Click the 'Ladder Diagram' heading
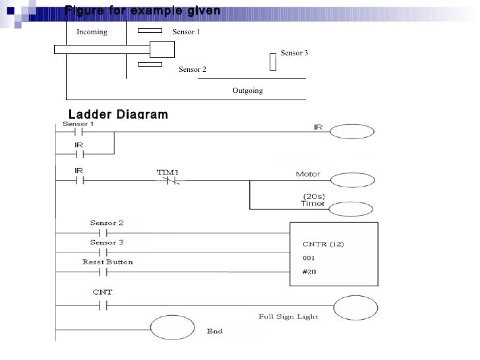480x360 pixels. pyautogui.click(x=118, y=114)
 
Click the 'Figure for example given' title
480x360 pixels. pyautogui.click(x=142, y=11)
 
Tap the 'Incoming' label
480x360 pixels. pyautogui.click(x=92, y=32)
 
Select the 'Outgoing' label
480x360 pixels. pyautogui.click(x=247, y=90)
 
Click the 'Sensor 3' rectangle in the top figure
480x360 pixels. pyautogui.click(x=273, y=61)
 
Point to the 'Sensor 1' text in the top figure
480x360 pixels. pyautogui.click(x=185, y=32)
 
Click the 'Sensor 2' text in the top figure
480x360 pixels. pyautogui.click(x=192, y=69)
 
